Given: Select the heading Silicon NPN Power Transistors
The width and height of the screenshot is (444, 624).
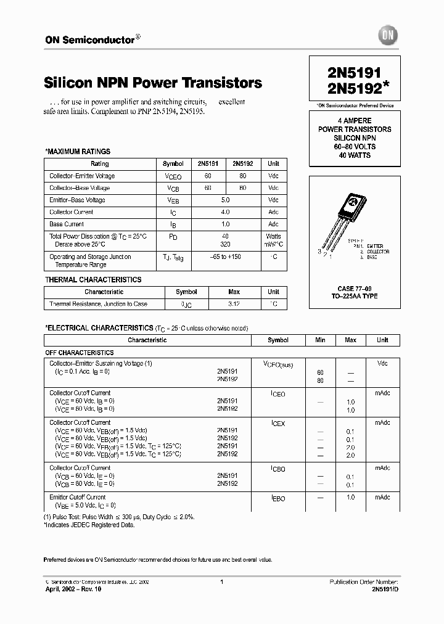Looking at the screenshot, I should click(153, 83).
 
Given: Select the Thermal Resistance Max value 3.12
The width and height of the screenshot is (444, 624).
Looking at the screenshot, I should click(234, 304).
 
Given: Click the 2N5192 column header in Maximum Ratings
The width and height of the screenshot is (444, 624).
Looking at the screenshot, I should click(242, 164).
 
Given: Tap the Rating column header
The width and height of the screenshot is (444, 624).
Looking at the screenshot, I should click(99, 164).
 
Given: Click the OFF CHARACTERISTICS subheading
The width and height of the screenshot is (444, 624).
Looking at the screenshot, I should click(79, 353).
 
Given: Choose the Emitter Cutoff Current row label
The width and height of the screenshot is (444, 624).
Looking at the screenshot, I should click(77, 497).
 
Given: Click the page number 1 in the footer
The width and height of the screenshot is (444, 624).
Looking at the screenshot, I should click(221, 581).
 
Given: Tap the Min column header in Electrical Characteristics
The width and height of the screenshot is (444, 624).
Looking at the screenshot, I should click(320, 340).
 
